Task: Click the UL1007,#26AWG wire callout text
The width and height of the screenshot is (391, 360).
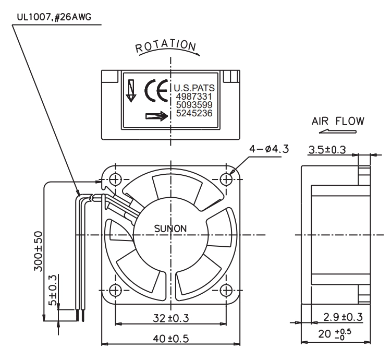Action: click(x=54, y=17)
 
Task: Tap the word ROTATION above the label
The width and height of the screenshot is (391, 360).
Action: click(x=166, y=46)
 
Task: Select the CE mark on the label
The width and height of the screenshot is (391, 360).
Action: click(x=156, y=91)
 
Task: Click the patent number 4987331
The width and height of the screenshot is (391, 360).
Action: click(x=194, y=97)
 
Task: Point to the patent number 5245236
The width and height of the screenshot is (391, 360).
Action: click(x=194, y=113)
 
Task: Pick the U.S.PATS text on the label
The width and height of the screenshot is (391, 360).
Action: click(x=194, y=88)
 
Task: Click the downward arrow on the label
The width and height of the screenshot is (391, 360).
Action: click(x=131, y=91)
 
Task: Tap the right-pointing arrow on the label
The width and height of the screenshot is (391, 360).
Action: click(x=156, y=116)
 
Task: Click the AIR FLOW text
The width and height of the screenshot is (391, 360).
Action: click(x=338, y=121)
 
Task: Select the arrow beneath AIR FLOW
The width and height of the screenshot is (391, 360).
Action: click(x=338, y=131)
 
